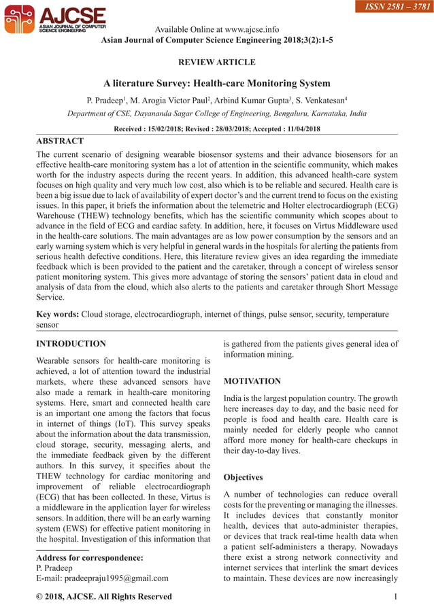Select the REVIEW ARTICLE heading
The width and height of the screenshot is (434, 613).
pyautogui.click(x=216, y=63)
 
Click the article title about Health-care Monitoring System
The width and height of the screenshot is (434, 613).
pyautogui.click(x=216, y=84)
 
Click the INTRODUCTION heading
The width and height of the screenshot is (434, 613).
pyautogui.click(x=71, y=344)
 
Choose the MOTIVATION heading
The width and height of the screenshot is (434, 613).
pyautogui.click(x=252, y=381)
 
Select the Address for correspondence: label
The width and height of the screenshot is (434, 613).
pyautogui.click(x=89, y=558)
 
